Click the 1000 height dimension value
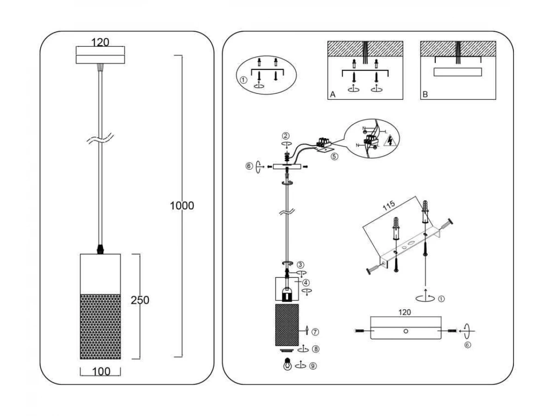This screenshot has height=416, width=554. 182,206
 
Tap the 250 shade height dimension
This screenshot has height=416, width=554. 140,300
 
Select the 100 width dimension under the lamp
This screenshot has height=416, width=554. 101,371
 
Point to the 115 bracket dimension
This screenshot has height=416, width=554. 389,207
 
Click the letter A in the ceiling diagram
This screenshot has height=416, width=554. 332,94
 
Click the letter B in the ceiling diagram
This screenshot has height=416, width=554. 425,94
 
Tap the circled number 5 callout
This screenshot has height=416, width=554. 334,156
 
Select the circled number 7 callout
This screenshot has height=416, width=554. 315,332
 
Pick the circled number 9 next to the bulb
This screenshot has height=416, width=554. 313,366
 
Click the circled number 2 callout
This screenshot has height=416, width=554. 286,136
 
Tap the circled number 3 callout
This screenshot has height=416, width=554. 300,265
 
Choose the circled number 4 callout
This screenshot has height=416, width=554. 306,282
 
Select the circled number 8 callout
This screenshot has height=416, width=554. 315,349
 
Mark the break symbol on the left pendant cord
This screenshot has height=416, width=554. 100,139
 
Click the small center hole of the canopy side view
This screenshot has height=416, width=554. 405,331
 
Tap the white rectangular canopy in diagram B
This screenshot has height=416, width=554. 458,72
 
